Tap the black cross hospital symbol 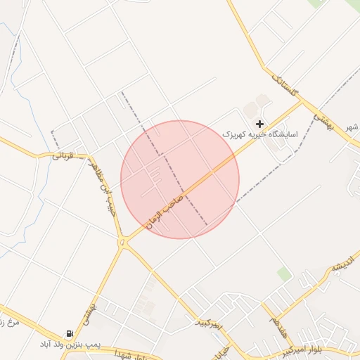point(259,124)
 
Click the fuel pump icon point(68,334)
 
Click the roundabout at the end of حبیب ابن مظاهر point(124,243)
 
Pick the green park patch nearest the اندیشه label point(284,274)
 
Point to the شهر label point(352,127)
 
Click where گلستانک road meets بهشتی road point(303,98)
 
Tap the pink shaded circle point(180,179)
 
